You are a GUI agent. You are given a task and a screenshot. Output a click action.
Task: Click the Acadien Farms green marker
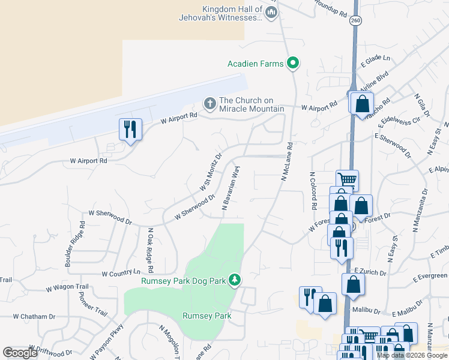293,63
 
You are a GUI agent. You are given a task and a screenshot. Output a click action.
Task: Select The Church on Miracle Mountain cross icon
210,104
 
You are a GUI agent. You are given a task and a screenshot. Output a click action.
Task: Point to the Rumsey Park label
206,316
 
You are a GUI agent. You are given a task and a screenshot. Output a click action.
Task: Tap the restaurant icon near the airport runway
130,129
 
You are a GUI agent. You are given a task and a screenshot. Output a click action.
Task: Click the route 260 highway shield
356,20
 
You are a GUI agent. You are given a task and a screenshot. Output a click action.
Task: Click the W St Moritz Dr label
211,172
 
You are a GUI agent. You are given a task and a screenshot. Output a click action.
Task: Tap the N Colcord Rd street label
313,191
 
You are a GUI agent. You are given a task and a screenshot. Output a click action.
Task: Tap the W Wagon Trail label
67,289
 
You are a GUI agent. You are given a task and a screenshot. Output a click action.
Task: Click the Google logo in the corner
20,353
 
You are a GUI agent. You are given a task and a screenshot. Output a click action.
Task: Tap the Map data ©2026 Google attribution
411,355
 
